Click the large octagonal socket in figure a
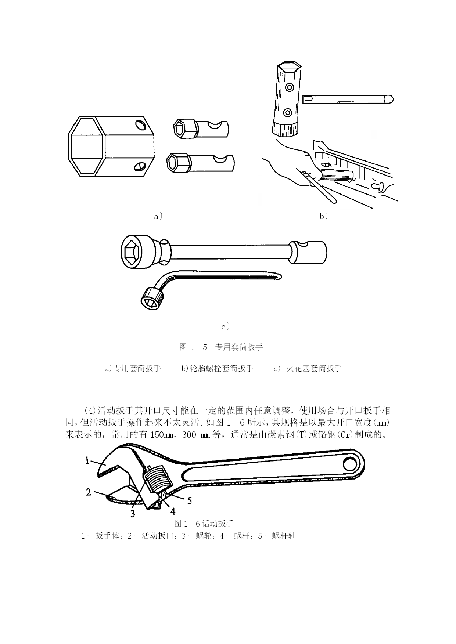point(111,146)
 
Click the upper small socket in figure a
point(200,129)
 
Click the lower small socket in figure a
point(200,162)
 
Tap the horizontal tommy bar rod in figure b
point(347,99)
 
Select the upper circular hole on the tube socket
point(290,87)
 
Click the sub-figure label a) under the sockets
point(158,217)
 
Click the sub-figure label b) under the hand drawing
point(323,217)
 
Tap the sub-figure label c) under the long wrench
point(225,326)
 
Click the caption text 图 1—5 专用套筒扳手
point(221,347)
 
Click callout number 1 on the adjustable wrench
point(87,460)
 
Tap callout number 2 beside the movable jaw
point(89,492)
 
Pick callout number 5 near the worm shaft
point(189,500)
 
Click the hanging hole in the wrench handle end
point(349,463)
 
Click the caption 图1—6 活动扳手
point(204,523)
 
